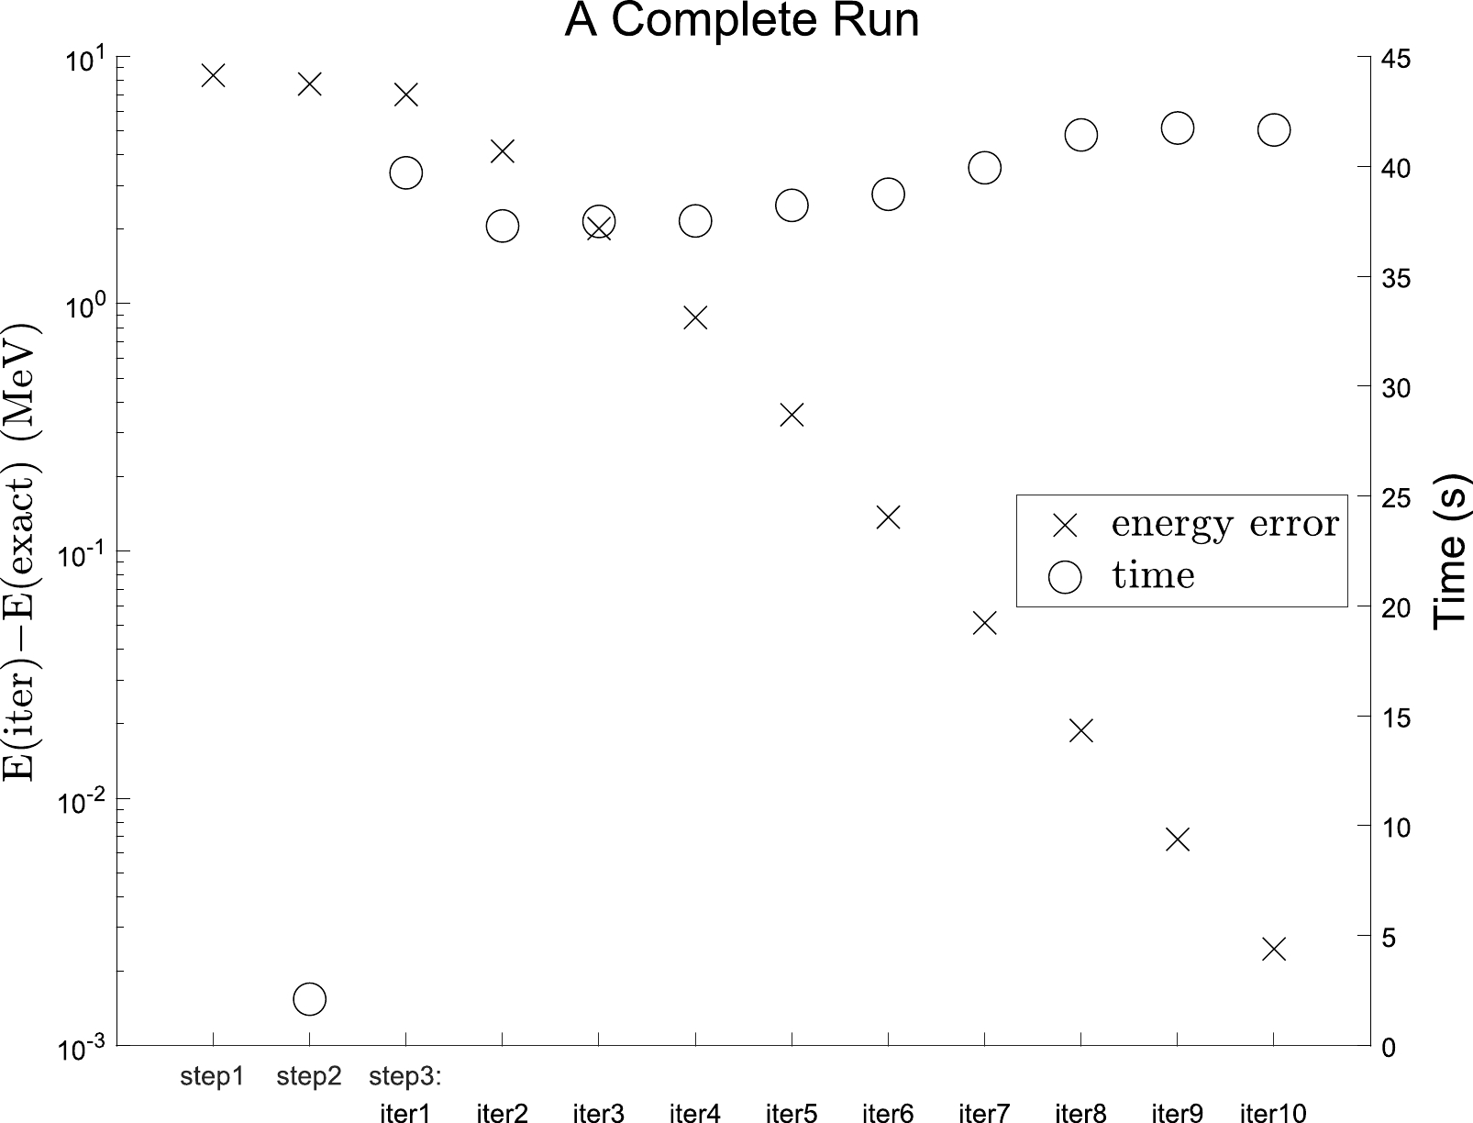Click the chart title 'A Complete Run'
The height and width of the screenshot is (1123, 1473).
[x=741, y=20]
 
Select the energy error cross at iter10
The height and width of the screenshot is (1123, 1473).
[x=1274, y=949]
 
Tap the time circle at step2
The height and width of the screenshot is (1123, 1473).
[x=309, y=999]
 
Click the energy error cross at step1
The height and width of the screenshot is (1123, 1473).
[x=213, y=75]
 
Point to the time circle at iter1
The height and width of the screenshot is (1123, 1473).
[x=405, y=172]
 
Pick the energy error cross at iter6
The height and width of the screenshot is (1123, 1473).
[x=888, y=517]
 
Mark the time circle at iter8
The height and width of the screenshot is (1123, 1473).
[x=1081, y=135]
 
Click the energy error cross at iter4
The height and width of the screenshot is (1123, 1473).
[x=695, y=317]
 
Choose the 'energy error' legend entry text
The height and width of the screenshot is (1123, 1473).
[x=1224, y=523]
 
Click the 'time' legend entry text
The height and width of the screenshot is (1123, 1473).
[x=1153, y=575]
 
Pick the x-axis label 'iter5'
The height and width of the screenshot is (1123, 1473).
[x=792, y=1113]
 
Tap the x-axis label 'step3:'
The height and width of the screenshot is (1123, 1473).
[x=405, y=1075]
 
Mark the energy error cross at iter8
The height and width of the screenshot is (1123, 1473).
[x=1081, y=730]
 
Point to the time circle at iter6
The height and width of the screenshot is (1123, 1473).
[x=888, y=195]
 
